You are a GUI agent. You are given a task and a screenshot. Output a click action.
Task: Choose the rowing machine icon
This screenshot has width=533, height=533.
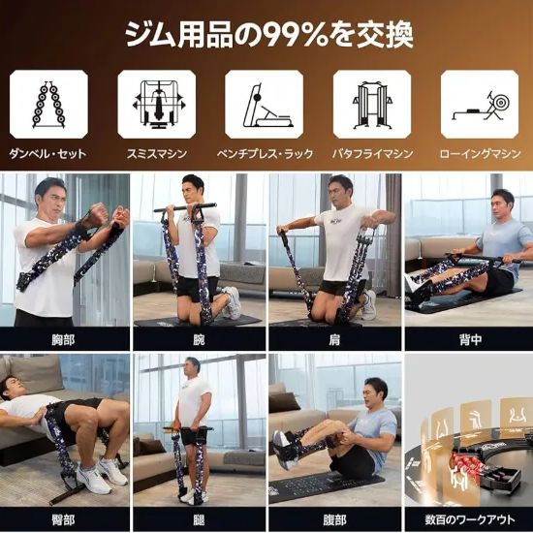click(x=480, y=105)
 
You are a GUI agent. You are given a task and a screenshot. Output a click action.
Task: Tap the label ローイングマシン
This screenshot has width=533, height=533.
click(x=480, y=154)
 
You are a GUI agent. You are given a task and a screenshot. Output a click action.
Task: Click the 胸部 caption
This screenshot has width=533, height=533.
click(x=64, y=338)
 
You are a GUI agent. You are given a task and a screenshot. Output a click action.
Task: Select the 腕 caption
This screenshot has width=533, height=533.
click(x=198, y=338)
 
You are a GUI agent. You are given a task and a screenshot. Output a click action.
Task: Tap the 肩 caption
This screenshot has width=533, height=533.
click(x=332, y=338)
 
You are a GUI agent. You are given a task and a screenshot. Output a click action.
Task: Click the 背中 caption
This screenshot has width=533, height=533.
click(x=466, y=338)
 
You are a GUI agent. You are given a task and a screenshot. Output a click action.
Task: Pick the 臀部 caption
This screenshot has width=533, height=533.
click(x=64, y=518)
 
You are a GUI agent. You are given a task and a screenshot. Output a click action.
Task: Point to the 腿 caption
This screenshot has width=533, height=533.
click(x=198, y=518)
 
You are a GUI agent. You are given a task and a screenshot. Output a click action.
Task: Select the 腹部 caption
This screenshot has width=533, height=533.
click(x=332, y=518)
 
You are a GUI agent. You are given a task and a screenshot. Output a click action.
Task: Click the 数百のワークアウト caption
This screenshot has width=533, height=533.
click(x=466, y=518)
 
